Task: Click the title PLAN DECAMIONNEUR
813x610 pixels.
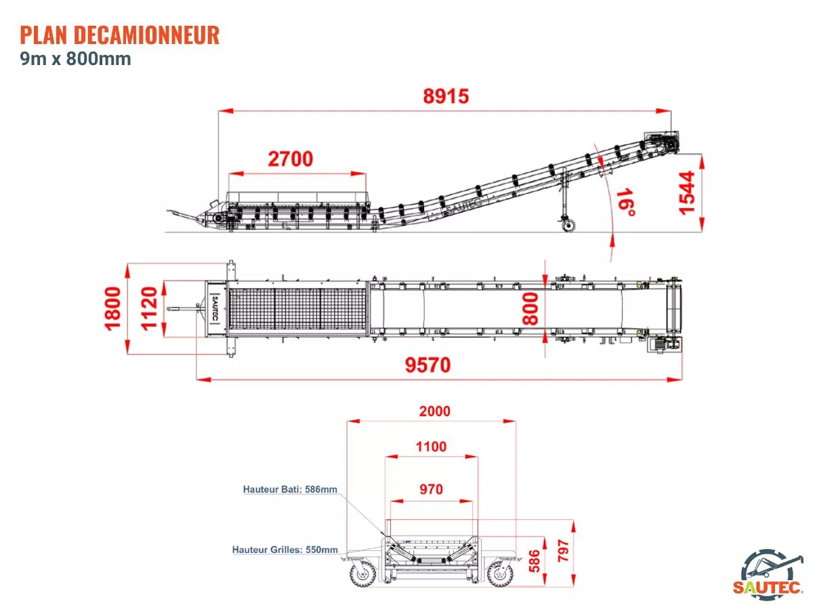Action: [x=120, y=35]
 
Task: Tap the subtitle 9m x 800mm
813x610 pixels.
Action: [x=76, y=59]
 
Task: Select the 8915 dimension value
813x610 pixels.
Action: [x=446, y=96]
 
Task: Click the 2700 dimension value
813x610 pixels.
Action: [x=291, y=159]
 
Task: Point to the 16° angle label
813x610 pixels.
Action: [x=626, y=202]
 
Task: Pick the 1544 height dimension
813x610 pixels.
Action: [x=686, y=192]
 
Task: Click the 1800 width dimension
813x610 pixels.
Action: [x=112, y=308]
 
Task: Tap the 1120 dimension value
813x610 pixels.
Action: [x=149, y=308]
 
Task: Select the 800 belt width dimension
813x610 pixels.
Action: [x=530, y=308]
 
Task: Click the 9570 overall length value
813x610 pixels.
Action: [x=428, y=365]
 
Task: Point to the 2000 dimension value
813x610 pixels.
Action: [x=434, y=411]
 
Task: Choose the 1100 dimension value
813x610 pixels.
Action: [x=431, y=447]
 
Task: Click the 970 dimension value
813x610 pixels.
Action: [x=431, y=489]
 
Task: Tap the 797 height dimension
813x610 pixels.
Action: [x=563, y=550]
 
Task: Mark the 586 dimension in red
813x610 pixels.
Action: [x=534, y=561]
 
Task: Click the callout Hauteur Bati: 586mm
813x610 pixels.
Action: [x=290, y=489]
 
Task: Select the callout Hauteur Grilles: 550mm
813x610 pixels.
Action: [x=285, y=550]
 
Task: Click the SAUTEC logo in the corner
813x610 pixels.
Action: [x=768, y=575]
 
